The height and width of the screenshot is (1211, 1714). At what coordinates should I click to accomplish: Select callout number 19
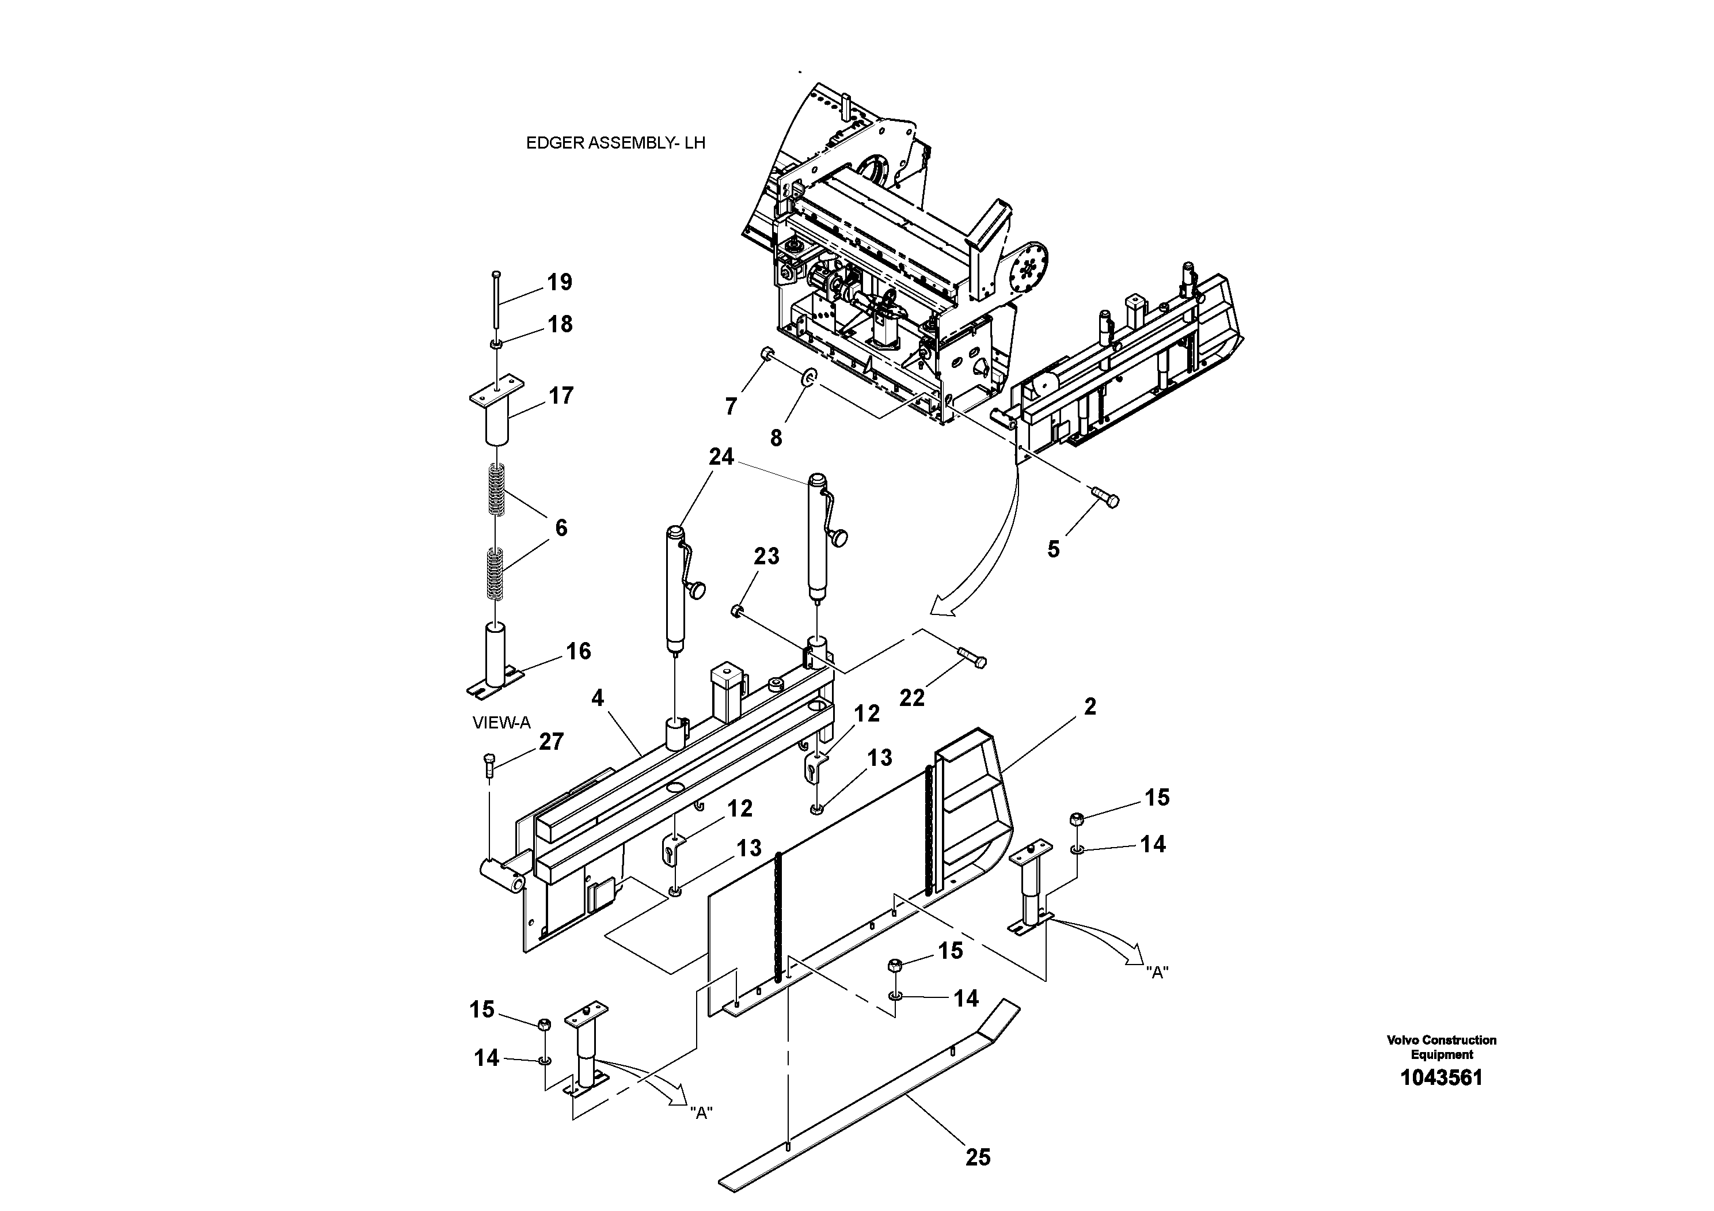(559, 282)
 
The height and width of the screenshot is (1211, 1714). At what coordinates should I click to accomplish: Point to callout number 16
(579, 651)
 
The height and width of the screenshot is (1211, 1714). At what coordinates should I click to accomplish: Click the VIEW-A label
(501, 723)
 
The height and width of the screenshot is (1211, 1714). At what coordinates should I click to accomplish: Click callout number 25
(978, 1157)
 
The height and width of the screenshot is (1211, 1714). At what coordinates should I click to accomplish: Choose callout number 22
(912, 697)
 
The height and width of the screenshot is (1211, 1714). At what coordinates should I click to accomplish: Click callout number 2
(1090, 707)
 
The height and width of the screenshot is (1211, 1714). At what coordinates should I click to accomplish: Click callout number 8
(776, 438)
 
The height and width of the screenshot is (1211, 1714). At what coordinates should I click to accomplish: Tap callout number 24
(721, 456)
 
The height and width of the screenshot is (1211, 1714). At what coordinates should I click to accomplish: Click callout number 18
(560, 324)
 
